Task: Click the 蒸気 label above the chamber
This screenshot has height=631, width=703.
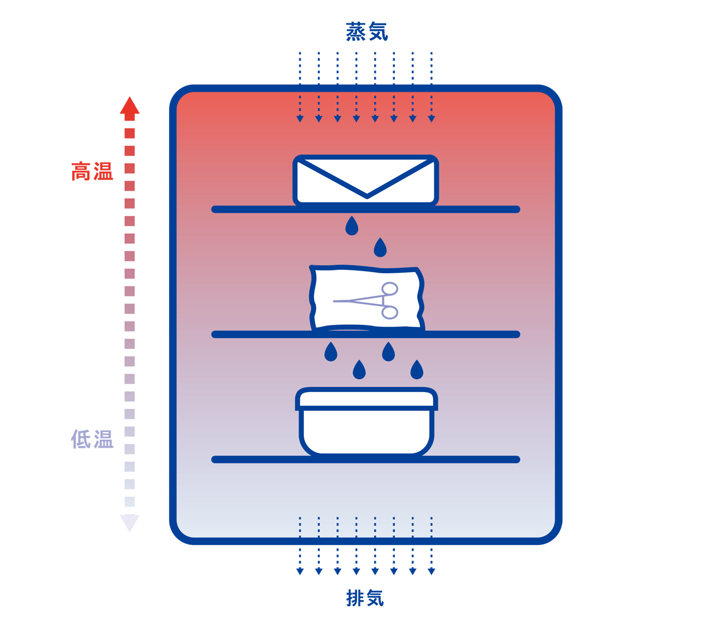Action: pos(367,32)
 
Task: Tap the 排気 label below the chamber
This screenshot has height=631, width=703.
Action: pos(365,598)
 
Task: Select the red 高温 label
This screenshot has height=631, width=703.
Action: pos(92,171)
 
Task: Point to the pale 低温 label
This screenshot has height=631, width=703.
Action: pos(92,439)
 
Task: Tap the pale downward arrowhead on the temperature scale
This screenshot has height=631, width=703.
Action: pos(129,523)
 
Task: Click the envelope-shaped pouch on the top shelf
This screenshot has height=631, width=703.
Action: pos(366,180)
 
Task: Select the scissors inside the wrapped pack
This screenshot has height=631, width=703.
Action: pos(366,300)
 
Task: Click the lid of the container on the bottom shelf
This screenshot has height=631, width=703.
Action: pos(367,399)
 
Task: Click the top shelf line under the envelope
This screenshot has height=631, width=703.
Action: pos(366,209)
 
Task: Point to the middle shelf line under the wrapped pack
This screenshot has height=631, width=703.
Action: pos(366,334)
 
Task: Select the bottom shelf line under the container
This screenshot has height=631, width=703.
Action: pos(366,460)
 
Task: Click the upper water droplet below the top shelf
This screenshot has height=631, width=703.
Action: pos(352,226)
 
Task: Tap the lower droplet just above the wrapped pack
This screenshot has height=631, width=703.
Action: pos(380,248)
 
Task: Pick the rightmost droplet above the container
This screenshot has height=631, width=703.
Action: pos(417,370)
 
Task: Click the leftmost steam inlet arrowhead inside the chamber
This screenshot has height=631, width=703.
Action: pos(300,119)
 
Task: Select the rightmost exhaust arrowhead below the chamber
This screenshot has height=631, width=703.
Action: pos(431,571)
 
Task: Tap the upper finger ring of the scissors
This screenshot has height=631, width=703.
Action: pos(390,288)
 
